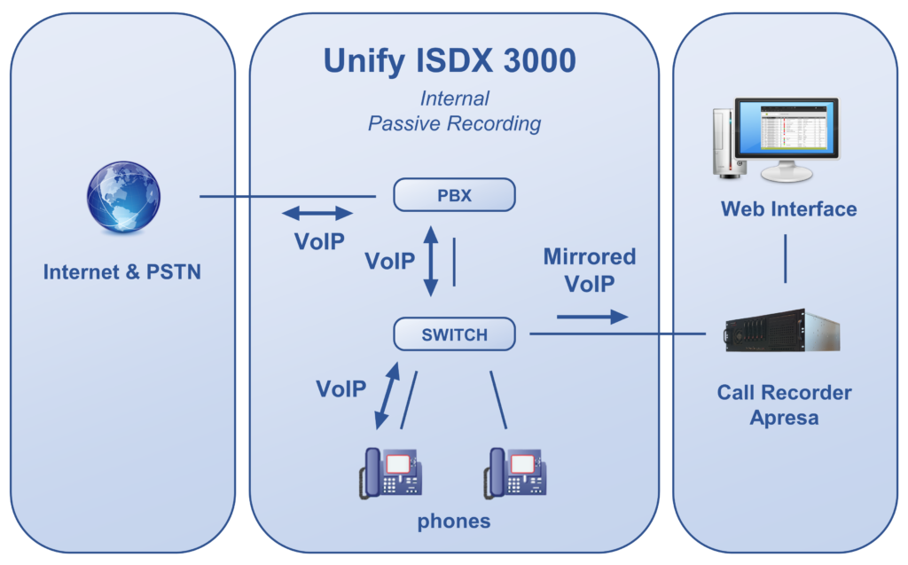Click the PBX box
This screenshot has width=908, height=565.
[x=454, y=195]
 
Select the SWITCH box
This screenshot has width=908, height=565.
[x=454, y=334]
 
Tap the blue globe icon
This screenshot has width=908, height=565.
[x=123, y=197]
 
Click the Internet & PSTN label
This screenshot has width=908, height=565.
[x=122, y=271]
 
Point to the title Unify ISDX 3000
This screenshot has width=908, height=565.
[x=450, y=61]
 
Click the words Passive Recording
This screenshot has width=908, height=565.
[x=455, y=123]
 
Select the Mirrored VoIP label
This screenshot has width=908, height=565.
[x=590, y=270]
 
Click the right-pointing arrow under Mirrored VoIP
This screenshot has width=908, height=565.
[x=592, y=317]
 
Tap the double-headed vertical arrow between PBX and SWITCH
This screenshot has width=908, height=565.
[x=431, y=261]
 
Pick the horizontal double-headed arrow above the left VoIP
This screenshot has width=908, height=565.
[x=317, y=213]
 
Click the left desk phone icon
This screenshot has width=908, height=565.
[x=390, y=473]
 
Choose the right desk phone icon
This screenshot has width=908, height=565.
[x=515, y=473]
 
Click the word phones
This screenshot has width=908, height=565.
[x=454, y=521]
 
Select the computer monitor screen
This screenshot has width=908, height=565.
[x=787, y=128]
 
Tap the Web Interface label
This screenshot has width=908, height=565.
[x=788, y=208]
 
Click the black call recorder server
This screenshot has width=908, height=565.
[x=782, y=331]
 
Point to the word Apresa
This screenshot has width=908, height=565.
[x=784, y=418]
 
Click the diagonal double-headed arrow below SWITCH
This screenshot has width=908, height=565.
[x=387, y=396]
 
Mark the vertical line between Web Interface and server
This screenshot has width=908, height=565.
[x=786, y=258]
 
